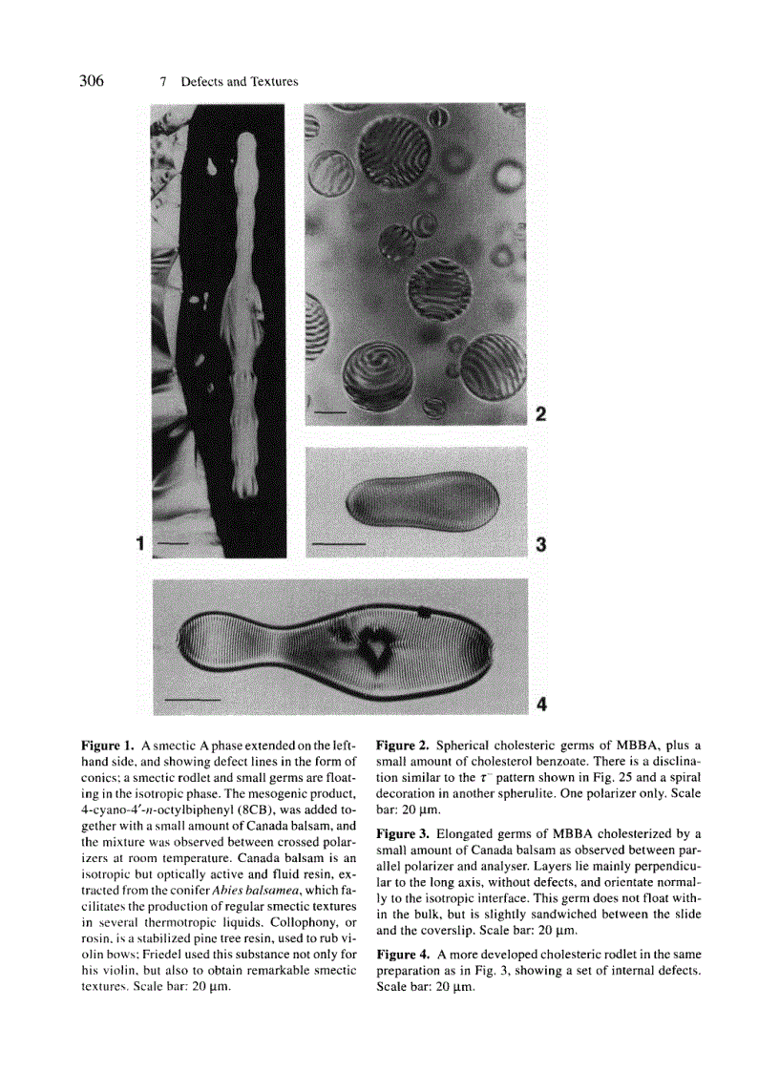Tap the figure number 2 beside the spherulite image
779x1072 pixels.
pyautogui.click(x=540, y=414)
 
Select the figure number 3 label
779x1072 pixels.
pyautogui.click(x=540, y=545)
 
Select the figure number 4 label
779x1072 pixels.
pyautogui.click(x=541, y=705)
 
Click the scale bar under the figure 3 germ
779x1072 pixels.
pyautogui.click(x=339, y=544)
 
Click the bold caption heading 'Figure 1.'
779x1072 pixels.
pyautogui.click(x=108, y=745)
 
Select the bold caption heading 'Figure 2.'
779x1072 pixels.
pyautogui.click(x=403, y=745)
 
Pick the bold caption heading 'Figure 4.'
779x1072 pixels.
pyautogui.click(x=403, y=955)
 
